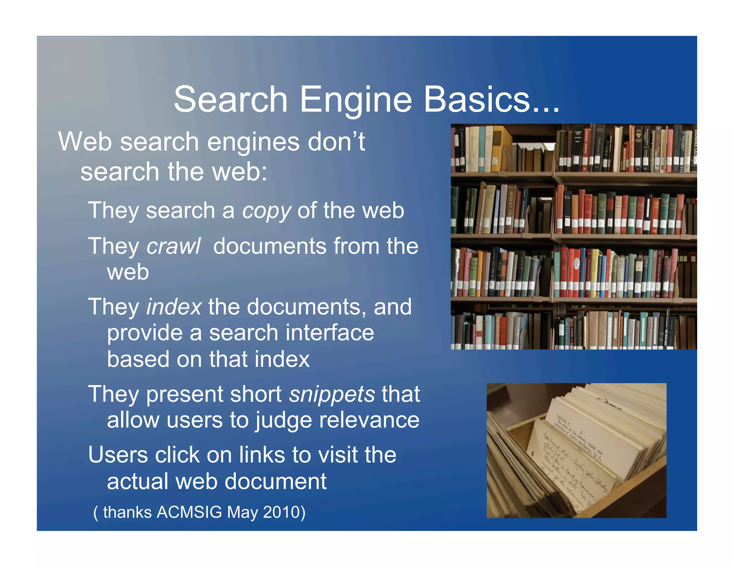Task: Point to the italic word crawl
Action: pos(173,246)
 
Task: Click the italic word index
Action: pos(174,307)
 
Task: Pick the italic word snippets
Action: pos(332,395)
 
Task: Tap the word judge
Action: pos(283,421)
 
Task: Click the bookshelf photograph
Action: pos(573,237)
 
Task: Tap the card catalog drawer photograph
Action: pos(576,450)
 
